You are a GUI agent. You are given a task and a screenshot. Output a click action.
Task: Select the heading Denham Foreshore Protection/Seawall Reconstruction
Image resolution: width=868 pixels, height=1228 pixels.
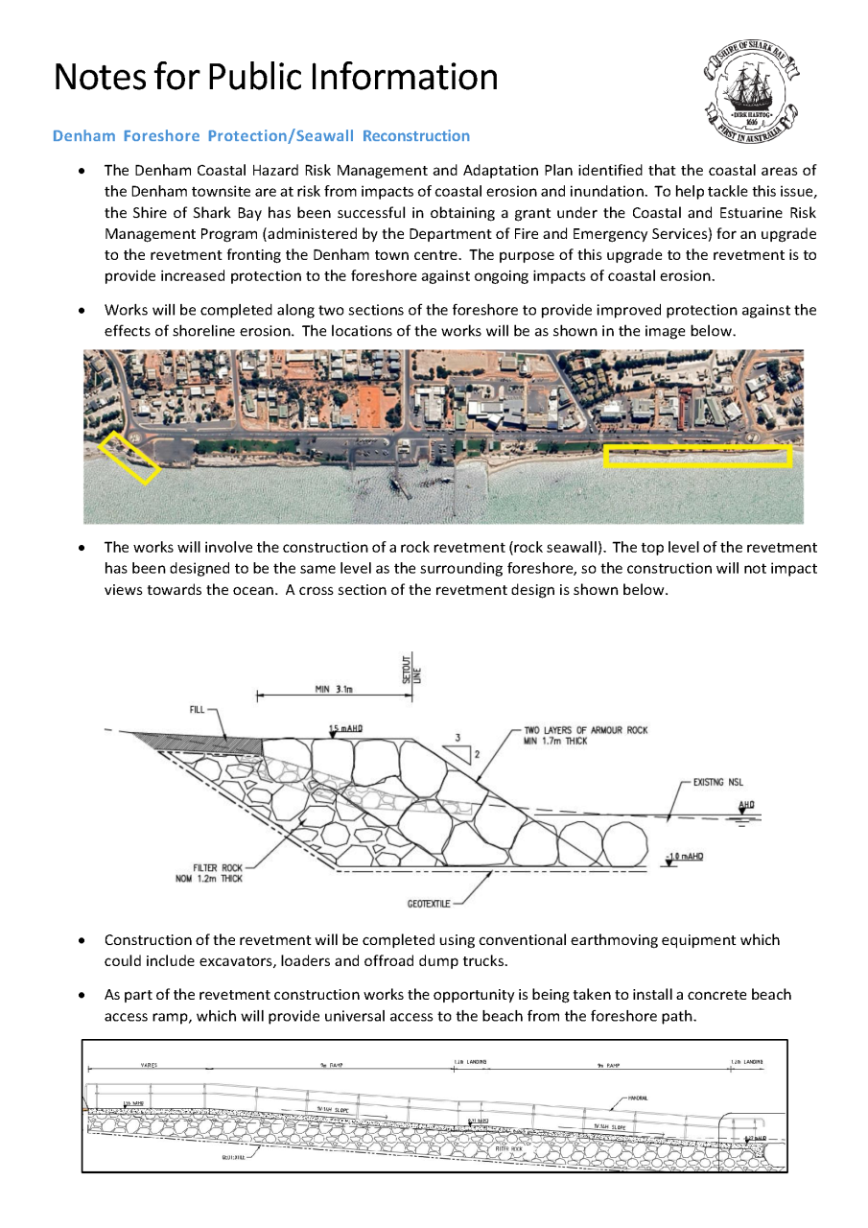coord(261,136)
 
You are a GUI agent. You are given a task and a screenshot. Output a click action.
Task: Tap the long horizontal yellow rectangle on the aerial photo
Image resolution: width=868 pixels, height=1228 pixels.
coord(697,456)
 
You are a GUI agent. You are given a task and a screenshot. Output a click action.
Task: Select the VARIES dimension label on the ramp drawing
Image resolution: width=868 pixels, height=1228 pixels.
coord(149,1065)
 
